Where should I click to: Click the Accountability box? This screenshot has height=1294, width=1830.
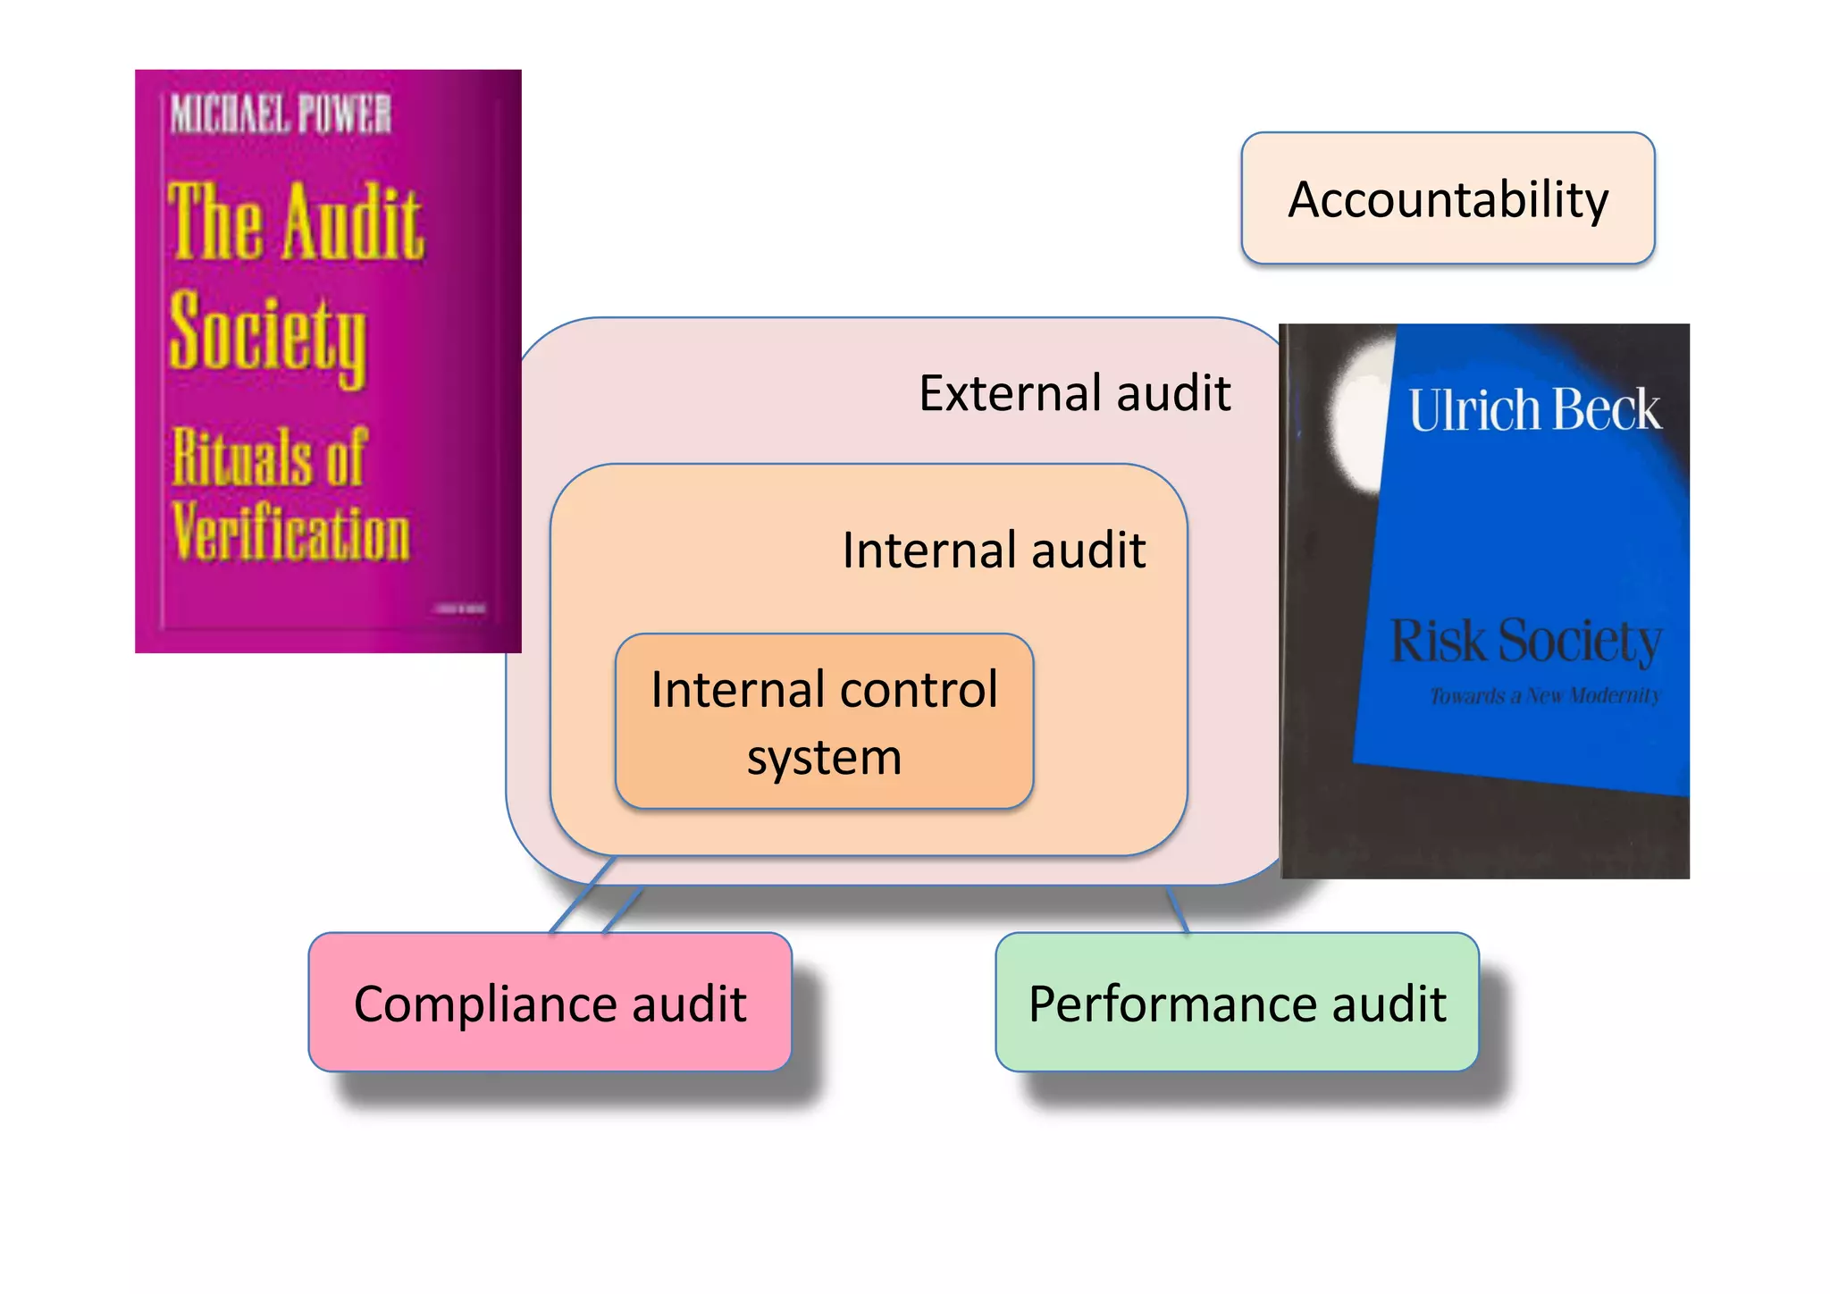[1448, 198]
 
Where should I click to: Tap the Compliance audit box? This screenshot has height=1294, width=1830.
[550, 1002]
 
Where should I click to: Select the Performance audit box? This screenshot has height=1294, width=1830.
[1237, 1002]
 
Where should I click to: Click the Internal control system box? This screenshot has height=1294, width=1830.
[824, 722]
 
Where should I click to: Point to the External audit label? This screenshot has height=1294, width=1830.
[1074, 393]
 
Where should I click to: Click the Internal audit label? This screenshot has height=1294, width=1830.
[994, 550]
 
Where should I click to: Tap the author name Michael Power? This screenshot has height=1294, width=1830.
[281, 114]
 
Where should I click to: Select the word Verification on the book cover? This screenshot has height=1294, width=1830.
[291, 533]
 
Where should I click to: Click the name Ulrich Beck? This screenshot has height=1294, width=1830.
[1534, 410]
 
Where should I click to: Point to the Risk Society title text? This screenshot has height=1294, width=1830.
[1525, 641]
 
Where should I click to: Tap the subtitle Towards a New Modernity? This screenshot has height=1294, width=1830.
[1545, 695]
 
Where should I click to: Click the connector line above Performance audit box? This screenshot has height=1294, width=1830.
[1177, 910]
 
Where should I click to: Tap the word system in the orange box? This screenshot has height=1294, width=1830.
[824, 758]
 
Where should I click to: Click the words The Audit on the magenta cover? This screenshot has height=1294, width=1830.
[295, 222]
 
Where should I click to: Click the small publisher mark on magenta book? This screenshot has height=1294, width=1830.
[460, 609]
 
